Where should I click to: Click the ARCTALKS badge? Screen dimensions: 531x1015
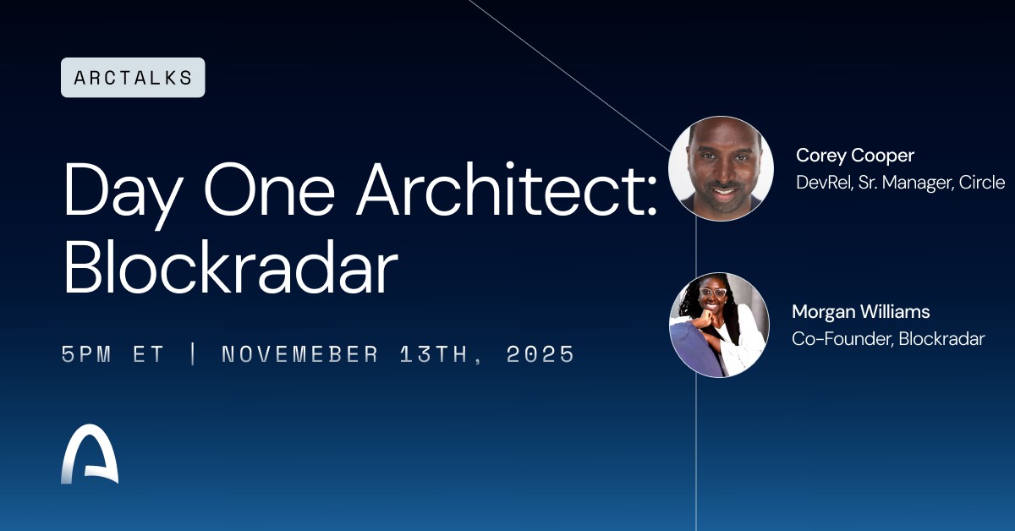(133, 78)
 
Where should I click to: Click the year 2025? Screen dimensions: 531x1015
(540, 354)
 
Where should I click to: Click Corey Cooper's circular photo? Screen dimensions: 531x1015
(721, 168)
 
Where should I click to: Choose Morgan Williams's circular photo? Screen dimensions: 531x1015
(720, 325)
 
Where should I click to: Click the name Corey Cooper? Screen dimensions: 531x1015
(855, 156)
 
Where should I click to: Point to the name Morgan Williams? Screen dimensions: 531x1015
(860, 312)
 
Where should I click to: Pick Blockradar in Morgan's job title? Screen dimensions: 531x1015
(941, 339)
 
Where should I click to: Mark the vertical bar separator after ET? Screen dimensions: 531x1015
(193, 354)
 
